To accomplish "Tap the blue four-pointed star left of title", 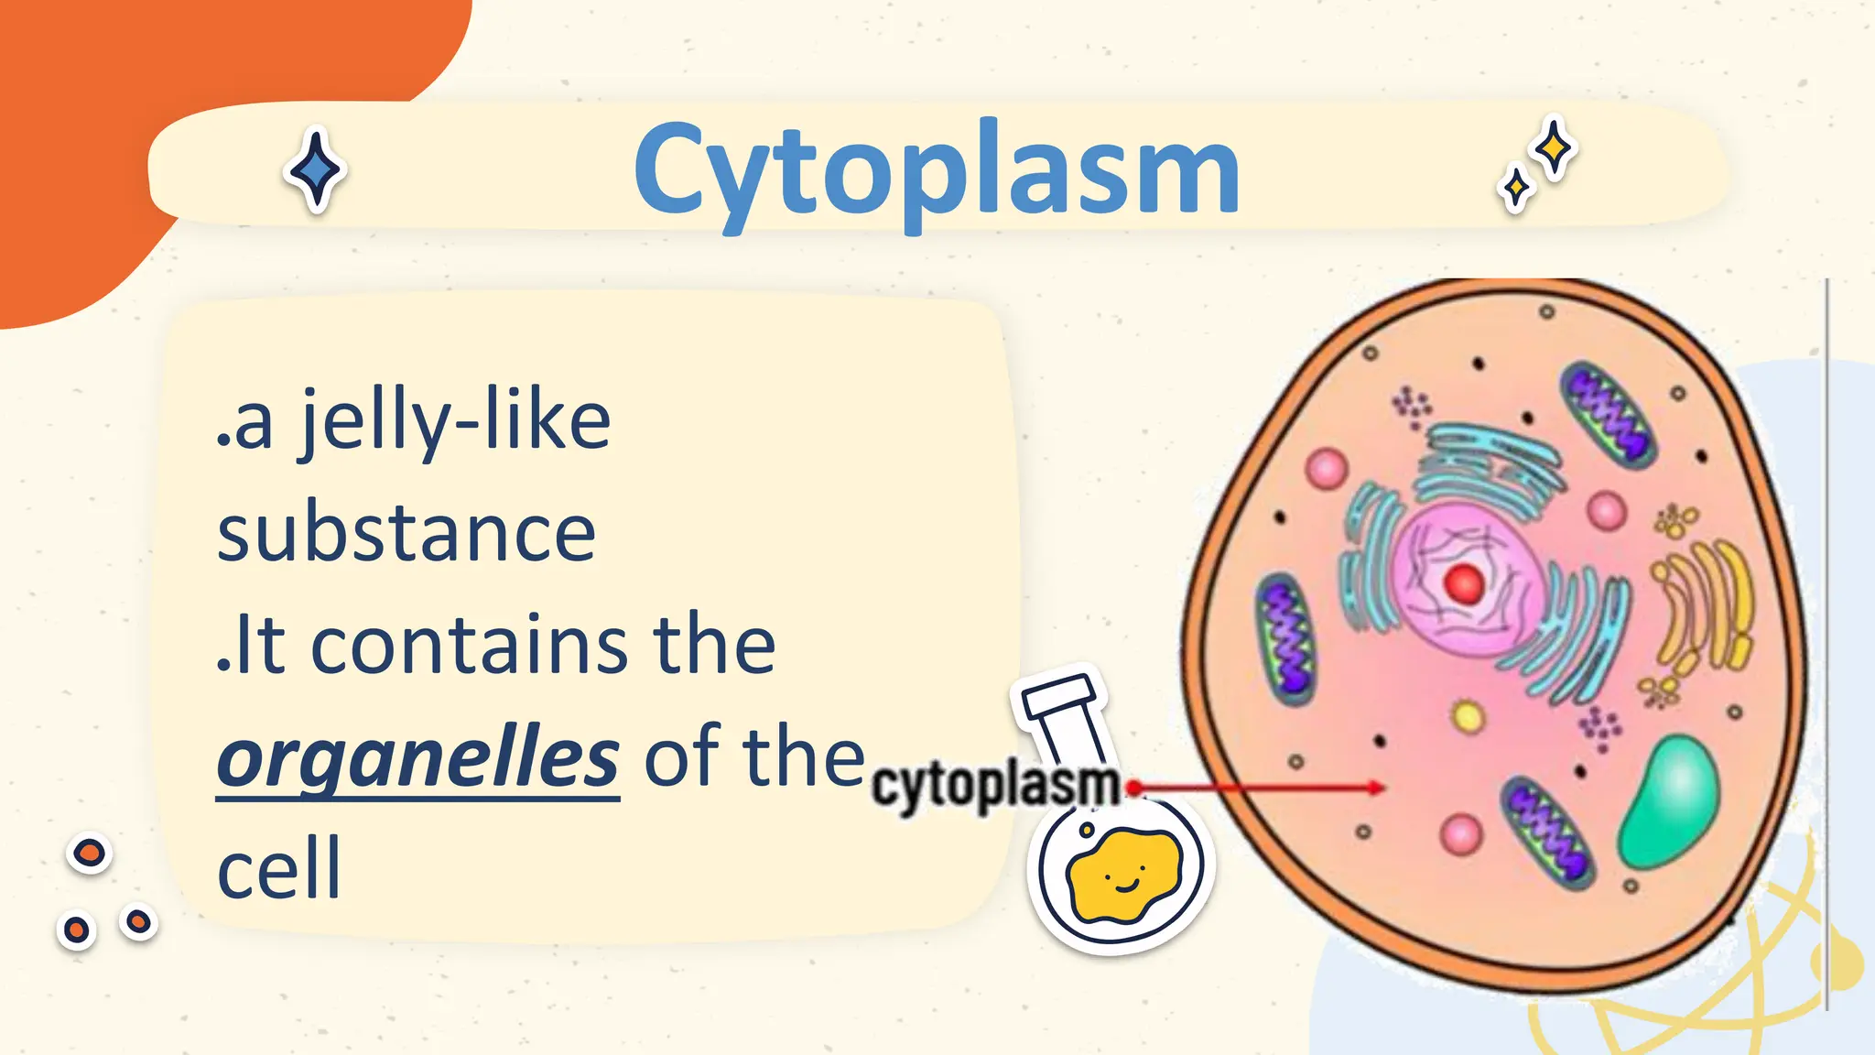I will click(x=316, y=170).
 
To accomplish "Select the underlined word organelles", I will click(x=417, y=759).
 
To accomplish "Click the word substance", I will click(x=406, y=535).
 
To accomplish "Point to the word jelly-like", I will click(x=455, y=422).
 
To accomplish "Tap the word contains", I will click(x=469, y=647).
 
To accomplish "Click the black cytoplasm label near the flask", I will click(x=994, y=787).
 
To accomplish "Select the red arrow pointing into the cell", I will click(x=1263, y=787).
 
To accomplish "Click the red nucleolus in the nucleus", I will click(x=1463, y=582).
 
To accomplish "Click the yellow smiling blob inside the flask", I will click(x=1124, y=876).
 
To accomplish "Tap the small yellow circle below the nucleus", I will click(x=1469, y=716).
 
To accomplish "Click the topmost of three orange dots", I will click(x=90, y=854).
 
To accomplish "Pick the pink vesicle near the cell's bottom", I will click(x=1460, y=834).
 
